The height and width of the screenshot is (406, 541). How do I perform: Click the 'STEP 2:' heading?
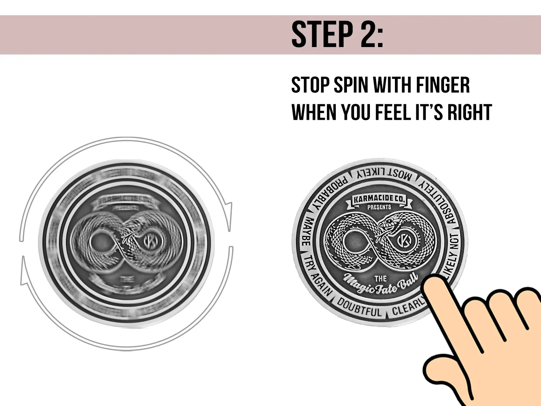point(337,35)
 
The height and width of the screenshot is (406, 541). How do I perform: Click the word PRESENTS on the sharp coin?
point(379,207)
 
